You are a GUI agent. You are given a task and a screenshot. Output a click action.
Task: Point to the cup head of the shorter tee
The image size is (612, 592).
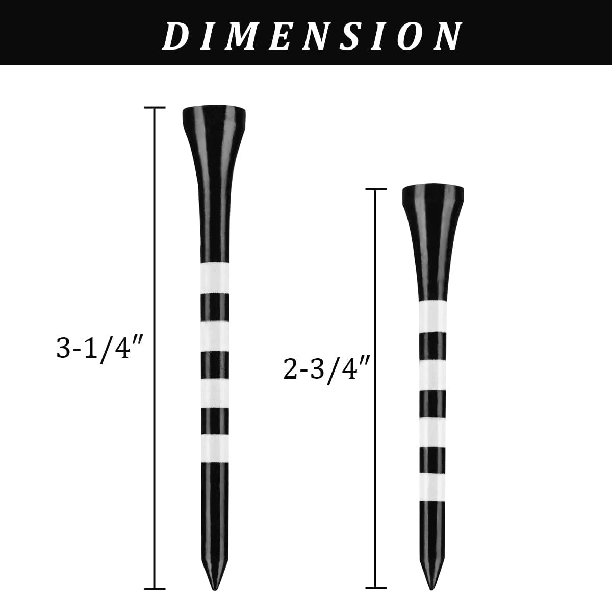[x=433, y=197]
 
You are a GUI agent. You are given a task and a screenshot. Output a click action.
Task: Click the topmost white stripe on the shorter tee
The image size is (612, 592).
[x=433, y=317]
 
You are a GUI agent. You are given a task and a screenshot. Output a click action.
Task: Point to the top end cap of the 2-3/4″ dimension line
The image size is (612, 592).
[x=376, y=189]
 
